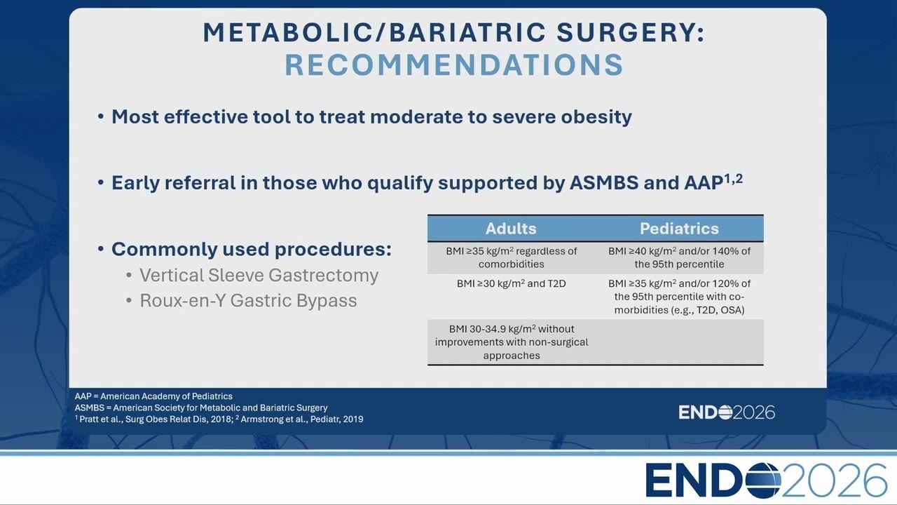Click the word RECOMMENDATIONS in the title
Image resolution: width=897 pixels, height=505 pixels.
tap(453, 65)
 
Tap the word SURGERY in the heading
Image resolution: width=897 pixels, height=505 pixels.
tap(630, 32)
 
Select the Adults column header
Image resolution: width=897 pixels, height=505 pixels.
tap(511, 229)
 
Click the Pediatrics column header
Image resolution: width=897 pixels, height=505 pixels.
tap(679, 229)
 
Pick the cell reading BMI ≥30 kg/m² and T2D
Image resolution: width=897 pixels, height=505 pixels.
tap(512, 284)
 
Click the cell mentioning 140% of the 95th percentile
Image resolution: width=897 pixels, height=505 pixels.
tap(679, 257)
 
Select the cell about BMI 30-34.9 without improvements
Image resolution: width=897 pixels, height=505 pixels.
tap(512, 342)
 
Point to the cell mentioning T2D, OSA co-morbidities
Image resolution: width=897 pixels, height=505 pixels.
tap(679, 297)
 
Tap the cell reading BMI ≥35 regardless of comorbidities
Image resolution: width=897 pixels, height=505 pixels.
tap(512, 257)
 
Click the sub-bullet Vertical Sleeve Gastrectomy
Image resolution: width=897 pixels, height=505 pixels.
tap(259, 276)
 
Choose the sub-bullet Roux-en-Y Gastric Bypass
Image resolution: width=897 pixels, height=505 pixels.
tap(248, 301)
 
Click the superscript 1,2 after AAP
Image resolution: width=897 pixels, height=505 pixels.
tap(733, 178)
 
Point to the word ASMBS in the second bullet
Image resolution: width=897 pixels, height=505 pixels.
tap(604, 183)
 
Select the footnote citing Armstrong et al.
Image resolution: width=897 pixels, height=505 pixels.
tap(299, 419)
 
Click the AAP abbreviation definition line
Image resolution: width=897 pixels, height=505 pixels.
tap(153, 396)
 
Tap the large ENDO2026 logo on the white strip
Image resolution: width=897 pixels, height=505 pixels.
tap(766, 480)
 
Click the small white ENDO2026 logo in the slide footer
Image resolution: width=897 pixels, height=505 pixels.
tap(727, 412)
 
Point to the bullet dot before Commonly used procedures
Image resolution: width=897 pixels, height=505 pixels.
tap(101, 249)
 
